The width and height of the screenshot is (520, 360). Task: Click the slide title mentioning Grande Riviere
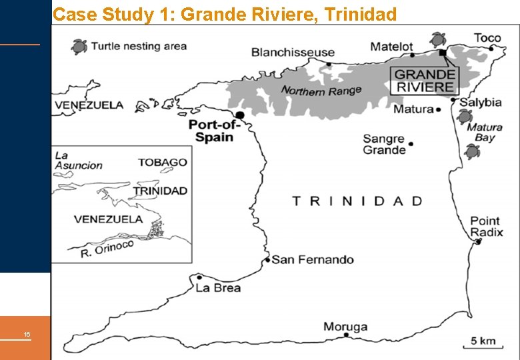pos(225,14)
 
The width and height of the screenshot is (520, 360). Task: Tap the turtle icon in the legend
pos(79,46)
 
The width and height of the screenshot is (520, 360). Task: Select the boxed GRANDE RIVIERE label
pos(425,81)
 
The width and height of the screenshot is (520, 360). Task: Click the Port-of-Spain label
pos(211,131)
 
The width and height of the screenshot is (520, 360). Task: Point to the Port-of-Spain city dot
pos(240,115)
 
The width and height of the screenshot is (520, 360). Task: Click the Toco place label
pos(487,38)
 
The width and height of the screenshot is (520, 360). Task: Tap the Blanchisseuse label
pos(293,52)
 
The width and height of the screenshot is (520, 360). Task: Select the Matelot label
pos(392,47)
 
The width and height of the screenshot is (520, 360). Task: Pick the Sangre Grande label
pos(384,145)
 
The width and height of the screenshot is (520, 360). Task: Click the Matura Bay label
pos(485,132)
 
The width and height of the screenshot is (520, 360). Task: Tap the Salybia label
pos(480,102)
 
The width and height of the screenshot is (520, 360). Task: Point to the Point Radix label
pos(486,227)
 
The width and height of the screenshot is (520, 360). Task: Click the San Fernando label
pos(313,259)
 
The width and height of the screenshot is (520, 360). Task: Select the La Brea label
pos(218,288)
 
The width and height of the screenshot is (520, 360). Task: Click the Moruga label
pos(345,326)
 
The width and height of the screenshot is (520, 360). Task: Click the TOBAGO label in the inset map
pos(163,162)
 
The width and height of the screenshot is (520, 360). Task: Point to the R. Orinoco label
pos(107,249)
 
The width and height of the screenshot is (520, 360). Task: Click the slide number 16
pos(27,334)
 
